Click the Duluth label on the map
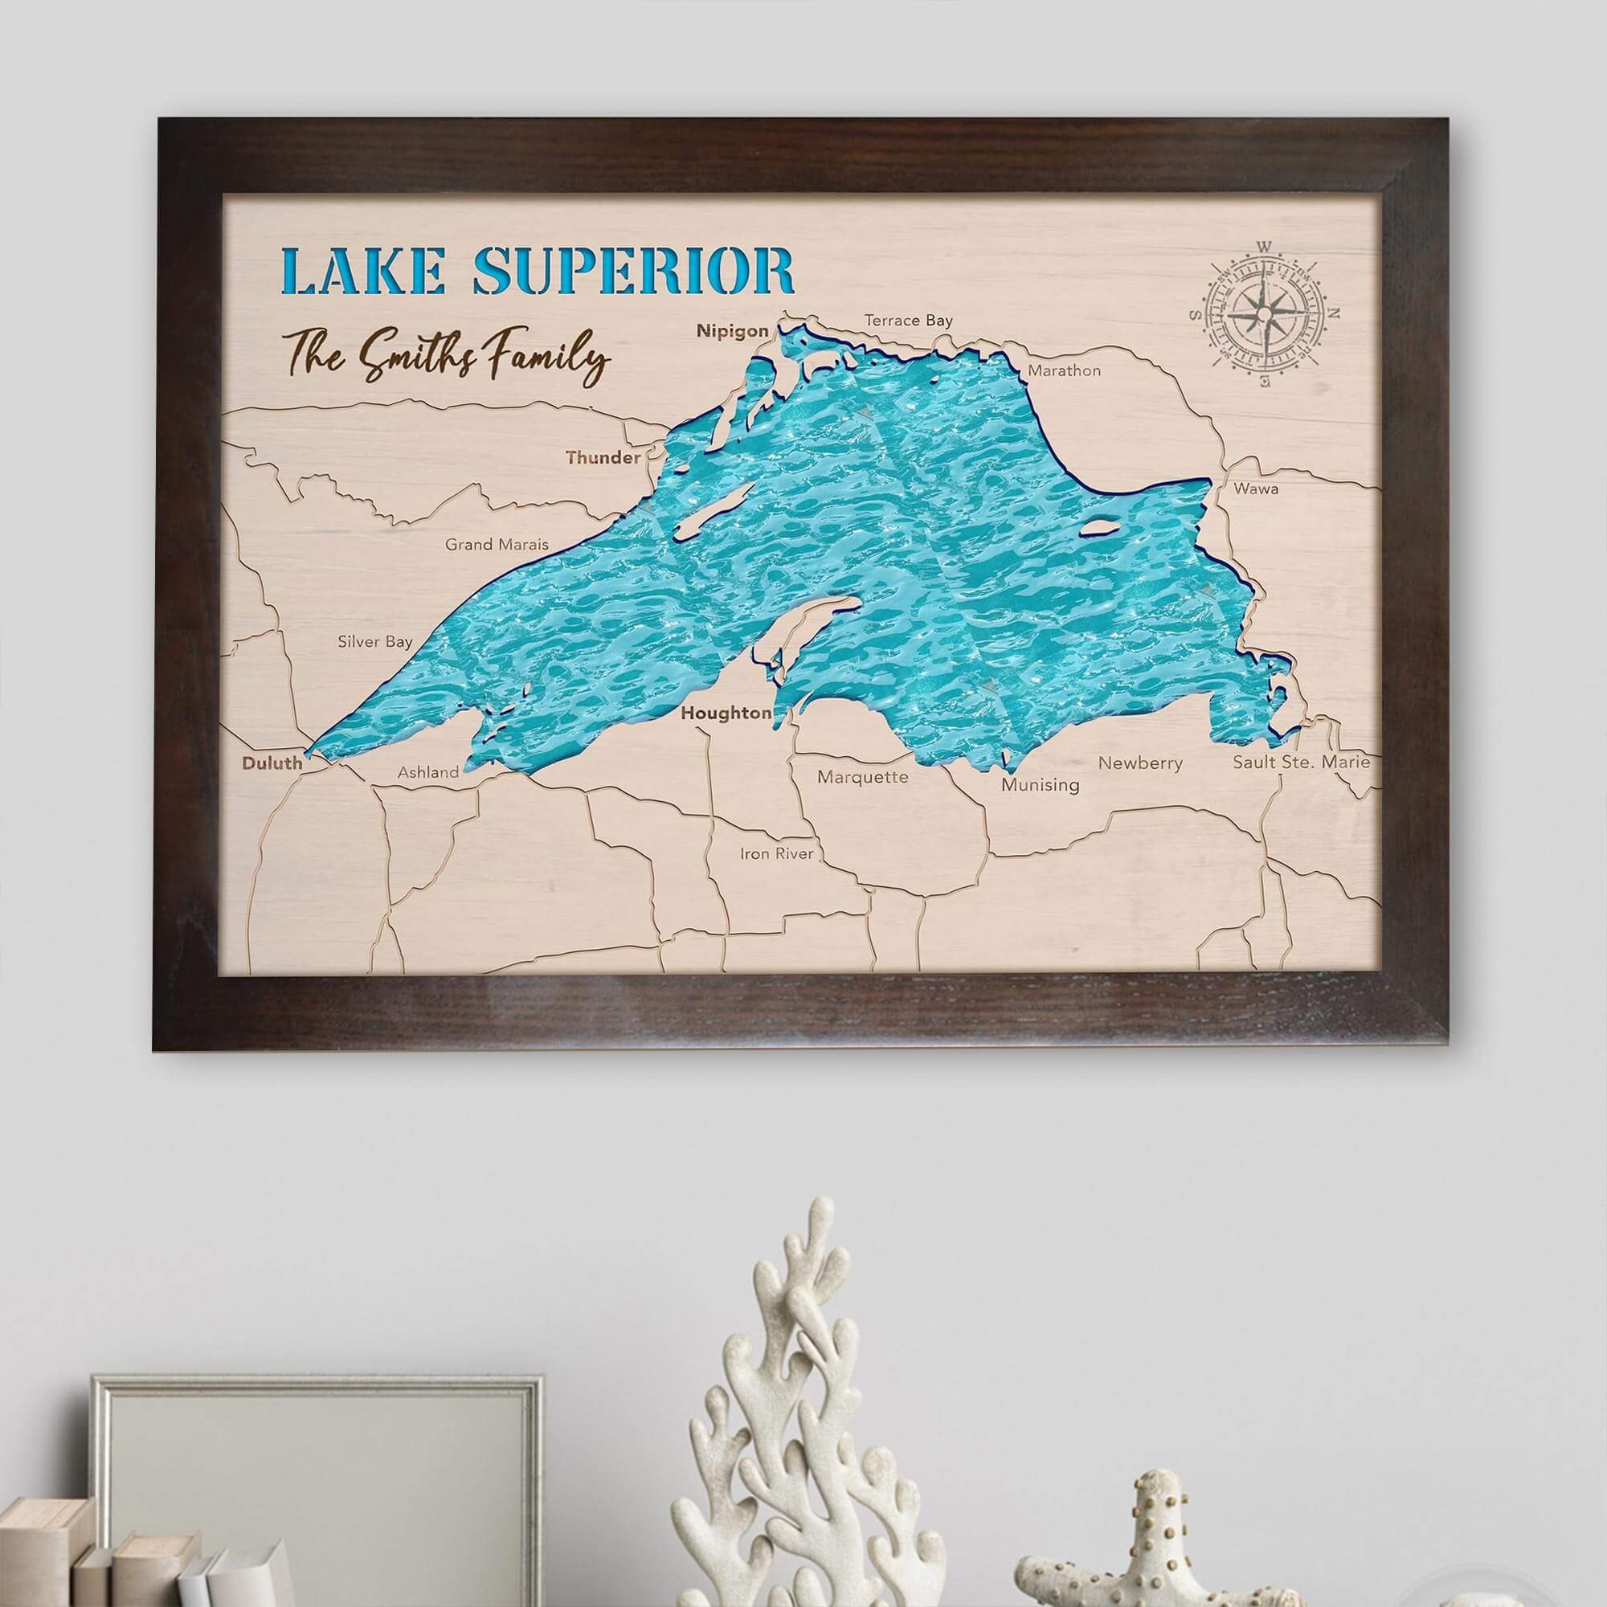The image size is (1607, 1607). (271, 762)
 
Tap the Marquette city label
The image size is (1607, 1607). (862, 778)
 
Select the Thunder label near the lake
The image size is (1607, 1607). (603, 457)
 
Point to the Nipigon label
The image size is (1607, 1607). (732, 331)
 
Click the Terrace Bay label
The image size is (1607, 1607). (908, 321)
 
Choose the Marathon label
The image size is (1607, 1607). (1064, 371)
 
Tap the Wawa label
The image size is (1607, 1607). (1256, 489)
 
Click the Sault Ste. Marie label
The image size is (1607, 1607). (1301, 761)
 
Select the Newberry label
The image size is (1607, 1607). (1139, 763)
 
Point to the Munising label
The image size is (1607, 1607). (1040, 784)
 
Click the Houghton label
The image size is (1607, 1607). (726, 713)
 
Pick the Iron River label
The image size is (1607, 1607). (777, 853)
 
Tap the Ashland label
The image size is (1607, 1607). (427, 772)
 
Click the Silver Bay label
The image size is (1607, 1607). (374, 641)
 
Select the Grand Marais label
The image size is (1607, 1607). (497, 545)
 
